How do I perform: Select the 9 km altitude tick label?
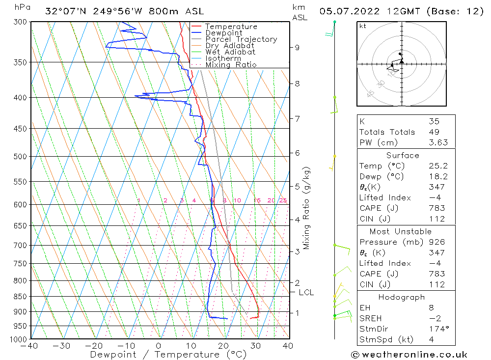[x=297, y=47]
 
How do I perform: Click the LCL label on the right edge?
[x=306, y=293]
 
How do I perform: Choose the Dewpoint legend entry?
[x=223, y=33]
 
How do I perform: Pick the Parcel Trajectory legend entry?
[x=241, y=39]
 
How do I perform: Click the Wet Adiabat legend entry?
[x=230, y=52]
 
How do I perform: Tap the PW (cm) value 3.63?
[x=438, y=142]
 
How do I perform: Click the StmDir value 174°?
[x=438, y=329]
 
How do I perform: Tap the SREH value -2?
[x=434, y=318]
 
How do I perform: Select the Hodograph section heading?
[x=402, y=297]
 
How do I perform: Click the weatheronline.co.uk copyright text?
[x=409, y=354]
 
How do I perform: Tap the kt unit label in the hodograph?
[x=362, y=26]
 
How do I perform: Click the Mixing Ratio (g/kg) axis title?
[x=307, y=209]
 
